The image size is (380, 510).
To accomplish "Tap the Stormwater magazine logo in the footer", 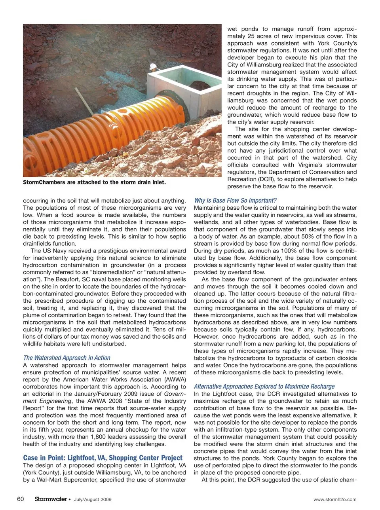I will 50,499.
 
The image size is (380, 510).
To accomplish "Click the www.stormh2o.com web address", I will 334,499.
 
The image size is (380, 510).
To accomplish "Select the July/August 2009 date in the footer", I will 93,499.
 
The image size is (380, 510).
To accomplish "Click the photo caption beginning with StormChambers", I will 94,182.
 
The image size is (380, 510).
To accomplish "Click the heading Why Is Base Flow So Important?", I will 235,200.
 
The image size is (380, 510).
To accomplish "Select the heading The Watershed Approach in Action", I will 66,358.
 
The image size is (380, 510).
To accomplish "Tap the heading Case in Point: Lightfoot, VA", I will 103,458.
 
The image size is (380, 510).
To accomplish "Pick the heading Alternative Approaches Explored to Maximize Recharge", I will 264,386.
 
